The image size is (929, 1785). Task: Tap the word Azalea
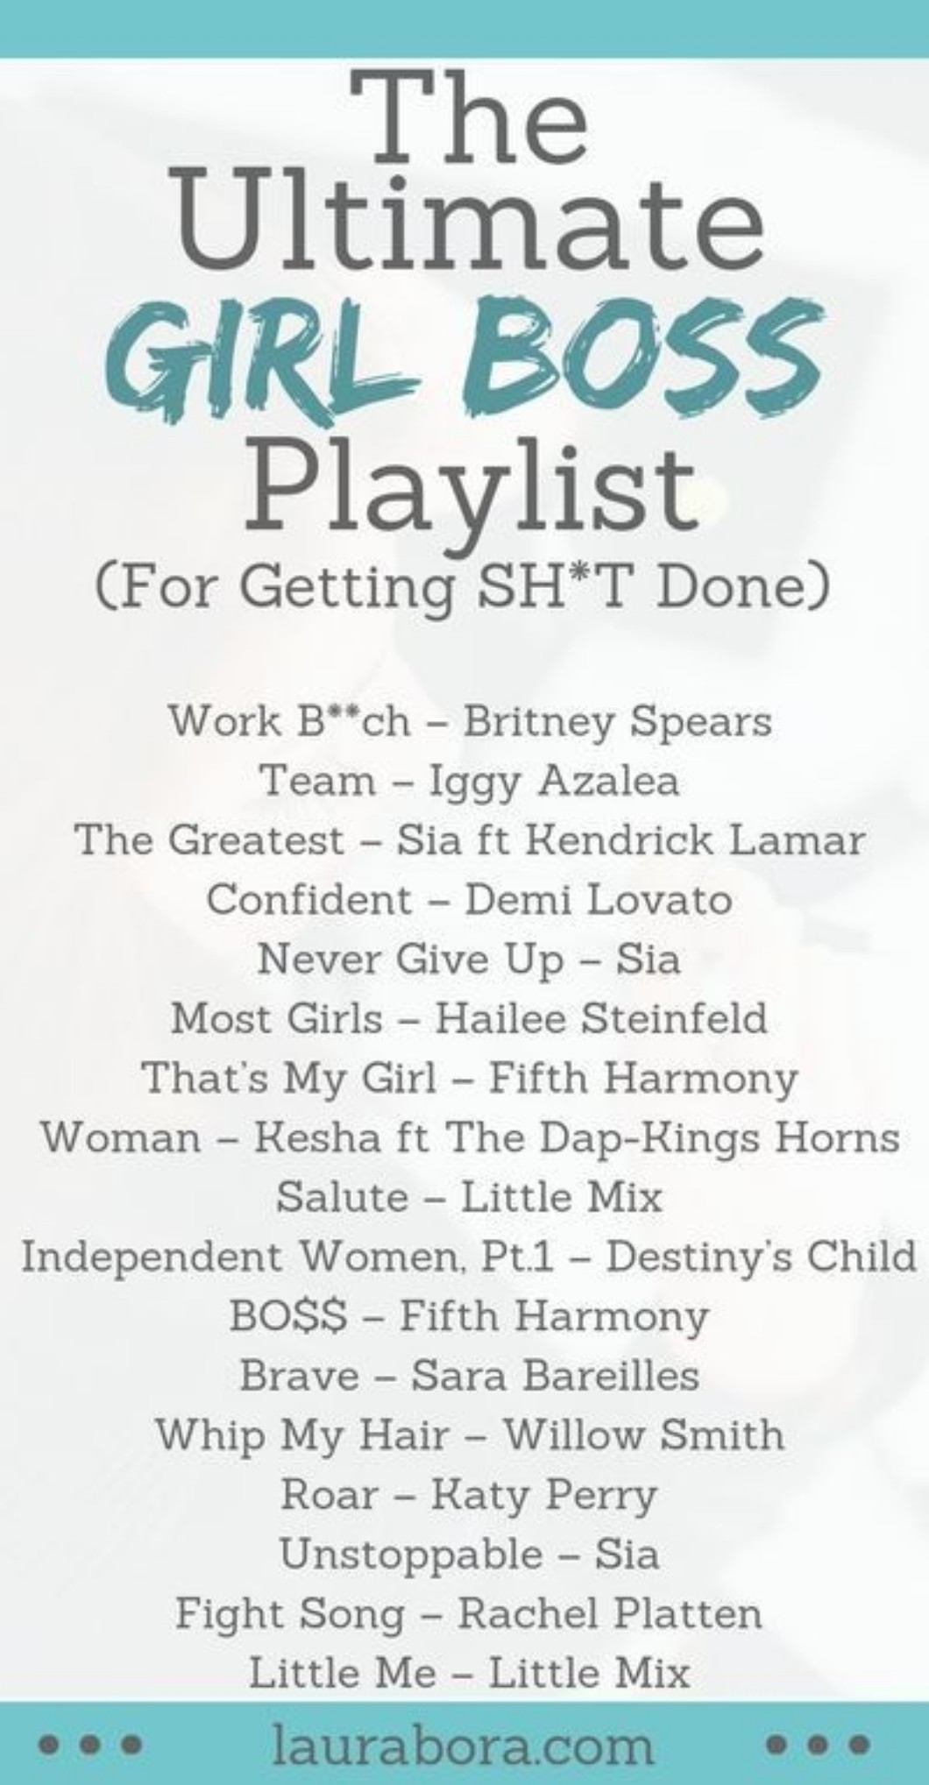pos(608,781)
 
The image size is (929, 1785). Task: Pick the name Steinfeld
pos(675,1019)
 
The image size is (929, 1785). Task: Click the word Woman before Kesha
pos(121,1138)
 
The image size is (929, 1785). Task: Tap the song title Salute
pos(343,1197)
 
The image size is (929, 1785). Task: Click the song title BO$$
pos(288,1316)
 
